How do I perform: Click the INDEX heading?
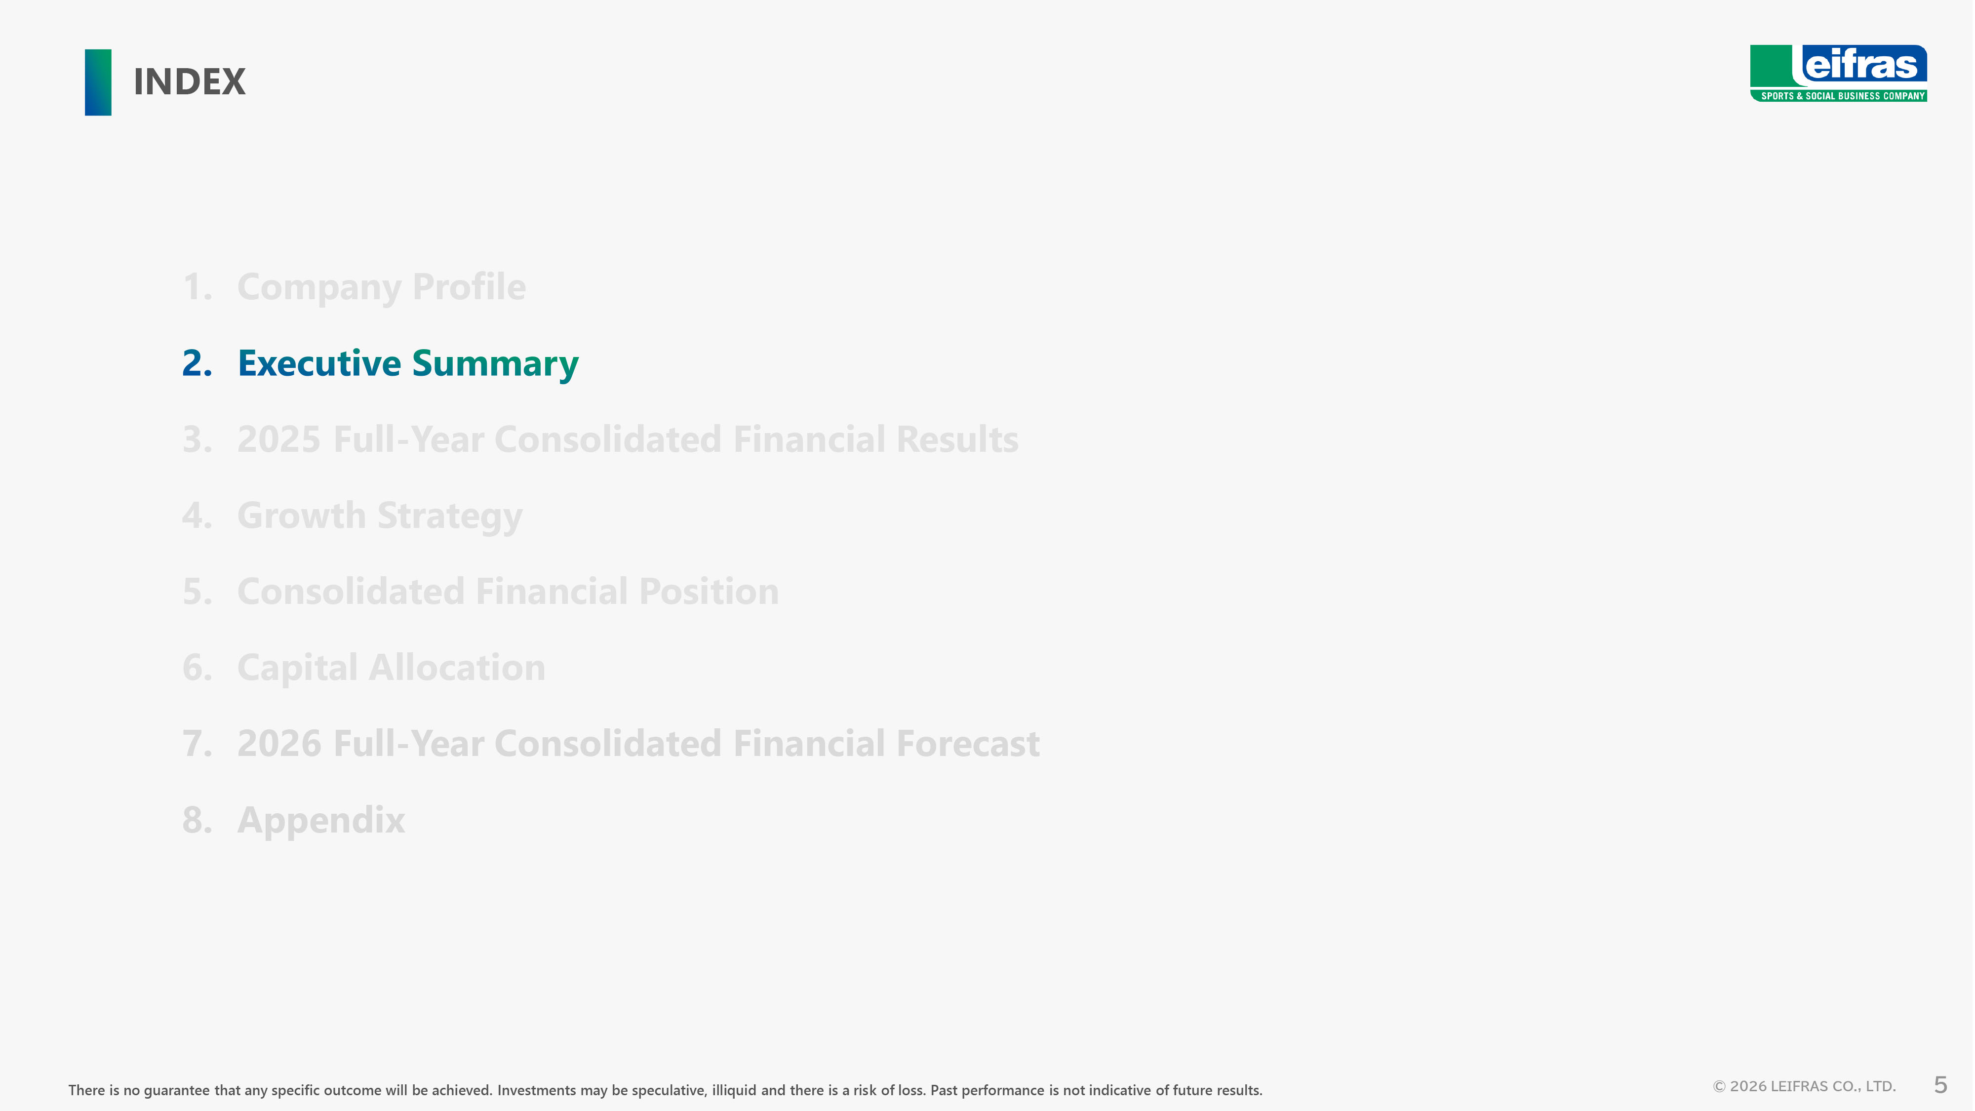point(190,82)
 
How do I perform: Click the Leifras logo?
point(1839,74)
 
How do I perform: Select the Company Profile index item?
point(381,287)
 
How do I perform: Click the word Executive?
point(319,363)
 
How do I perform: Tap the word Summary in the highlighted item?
point(495,364)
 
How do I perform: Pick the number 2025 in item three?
point(279,439)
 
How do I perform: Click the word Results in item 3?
point(957,439)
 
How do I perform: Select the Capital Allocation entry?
point(391,668)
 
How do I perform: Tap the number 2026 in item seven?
point(279,744)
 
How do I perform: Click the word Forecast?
point(968,744)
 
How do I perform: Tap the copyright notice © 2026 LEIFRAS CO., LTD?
point(1804,1086)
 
